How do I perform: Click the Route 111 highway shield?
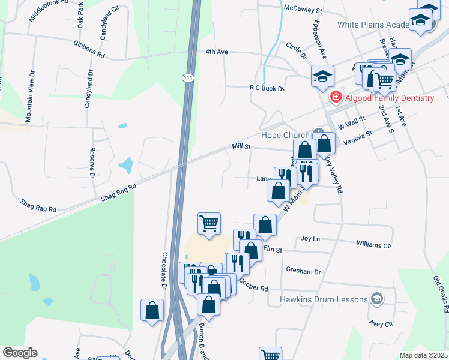[188, 78]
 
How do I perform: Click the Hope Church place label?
[285, 135]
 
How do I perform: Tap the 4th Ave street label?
[217, 52]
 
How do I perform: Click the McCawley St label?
[304, 11]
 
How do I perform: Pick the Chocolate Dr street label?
[163, 271]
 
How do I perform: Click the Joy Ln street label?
[310, 239]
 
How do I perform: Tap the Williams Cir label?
[373, 245]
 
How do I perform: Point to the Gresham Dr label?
[303, 271]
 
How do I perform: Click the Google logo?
[20, 353]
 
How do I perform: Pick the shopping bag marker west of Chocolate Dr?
[152, 310]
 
